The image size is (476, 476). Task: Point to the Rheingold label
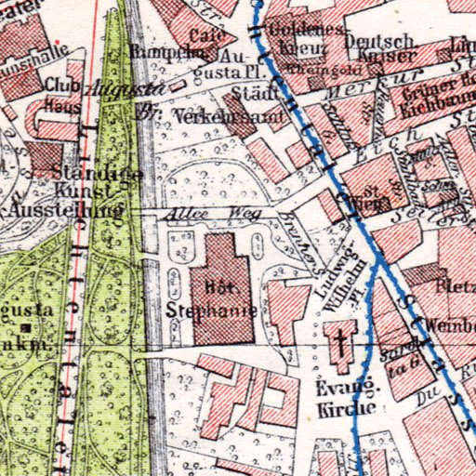click(314, 66)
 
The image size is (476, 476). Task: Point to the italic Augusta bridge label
click(125, 90)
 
